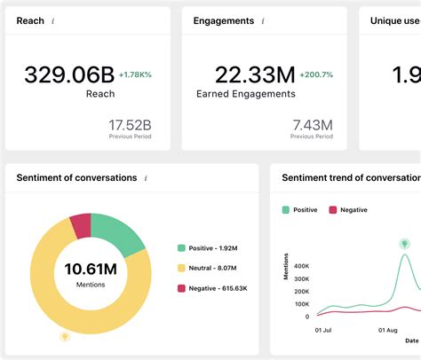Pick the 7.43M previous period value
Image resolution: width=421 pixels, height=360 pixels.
tap(313, 124)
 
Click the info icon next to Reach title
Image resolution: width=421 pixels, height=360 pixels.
tap(52, 21)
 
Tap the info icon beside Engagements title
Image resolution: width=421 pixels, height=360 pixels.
tap(263, 21)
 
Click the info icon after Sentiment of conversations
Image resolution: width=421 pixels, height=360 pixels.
tap(146, 178)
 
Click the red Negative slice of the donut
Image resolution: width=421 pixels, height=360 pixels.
tap(80, 225)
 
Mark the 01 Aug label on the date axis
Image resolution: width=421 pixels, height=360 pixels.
tap(389, 330)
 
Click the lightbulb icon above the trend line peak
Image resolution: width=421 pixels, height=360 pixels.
tap(404, 242)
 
